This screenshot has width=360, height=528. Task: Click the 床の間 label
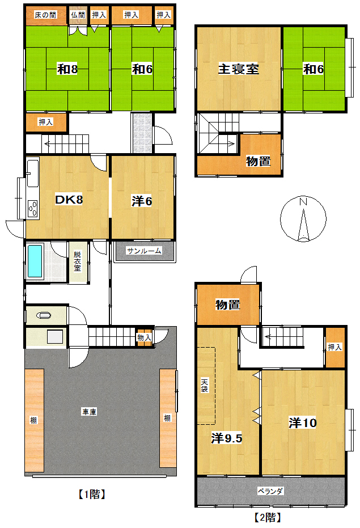click(45, 15)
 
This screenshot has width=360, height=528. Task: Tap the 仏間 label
click(78, 15)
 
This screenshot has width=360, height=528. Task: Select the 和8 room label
click(67, 69)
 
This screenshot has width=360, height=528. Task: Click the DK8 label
click(69, 200)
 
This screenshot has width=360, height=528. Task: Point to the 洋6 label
click(142, 201)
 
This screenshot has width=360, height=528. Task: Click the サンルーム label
click(144, 251)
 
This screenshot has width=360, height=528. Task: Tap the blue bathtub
click(35, 261)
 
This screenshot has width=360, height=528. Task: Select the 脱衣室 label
click(78, 261)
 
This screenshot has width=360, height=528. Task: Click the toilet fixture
click(44, 315)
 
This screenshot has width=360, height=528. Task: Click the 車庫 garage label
click(89, 412)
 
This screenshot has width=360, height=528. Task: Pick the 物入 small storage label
click(144, 337)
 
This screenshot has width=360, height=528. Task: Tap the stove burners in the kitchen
click(33, 209)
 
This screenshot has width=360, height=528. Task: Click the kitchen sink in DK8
click(33, 173)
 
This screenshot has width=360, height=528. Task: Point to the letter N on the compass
click(303, 202)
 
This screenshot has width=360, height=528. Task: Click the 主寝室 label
click(239, 69)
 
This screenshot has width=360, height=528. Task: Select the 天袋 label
click(205, 385)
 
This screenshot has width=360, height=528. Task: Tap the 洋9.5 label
click(227, 438)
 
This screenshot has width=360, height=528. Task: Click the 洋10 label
click(303, 423)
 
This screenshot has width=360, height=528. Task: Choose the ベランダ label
click(270, 491)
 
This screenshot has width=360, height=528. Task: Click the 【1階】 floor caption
click(92, 495)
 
